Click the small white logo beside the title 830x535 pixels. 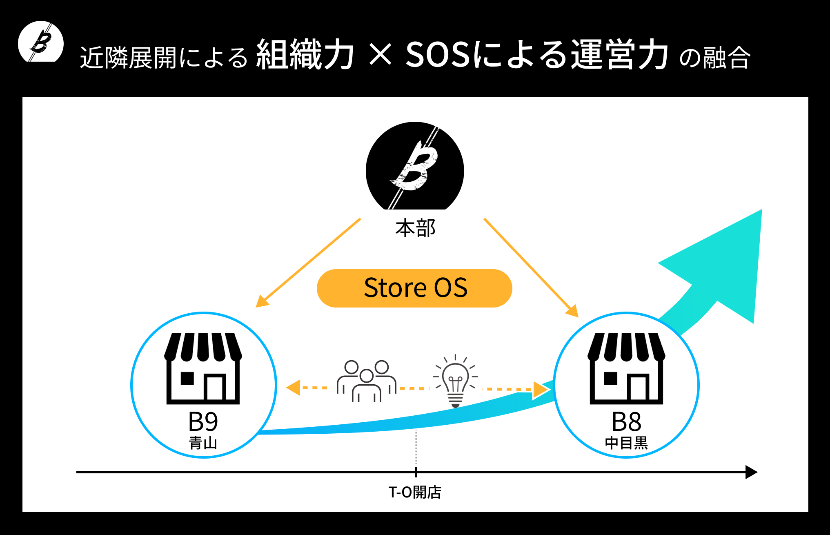[41, 41]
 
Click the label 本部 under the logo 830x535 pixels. [415, 228]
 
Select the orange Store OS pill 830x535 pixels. [414, 288]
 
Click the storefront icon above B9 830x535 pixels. [203, 368]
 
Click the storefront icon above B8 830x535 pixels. [626, 368]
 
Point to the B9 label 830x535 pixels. [203, 421]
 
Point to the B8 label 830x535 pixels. [626, 421]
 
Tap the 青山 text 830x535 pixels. [203, 443]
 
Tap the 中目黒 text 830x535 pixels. [626, 443]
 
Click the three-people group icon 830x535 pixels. [366, 381]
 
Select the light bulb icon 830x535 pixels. [455, 381]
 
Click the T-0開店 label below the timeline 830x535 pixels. [415, 492]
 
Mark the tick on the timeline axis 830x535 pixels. [416, 472]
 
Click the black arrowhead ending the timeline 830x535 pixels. [751, 472]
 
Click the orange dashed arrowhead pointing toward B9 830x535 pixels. [293, 388]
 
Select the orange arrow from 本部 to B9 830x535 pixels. [308, 263]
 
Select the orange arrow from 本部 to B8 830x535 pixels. [531, 268]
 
